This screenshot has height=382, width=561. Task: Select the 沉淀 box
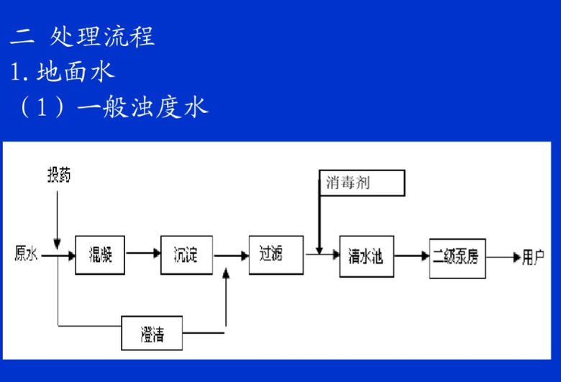click(x=186, y=254)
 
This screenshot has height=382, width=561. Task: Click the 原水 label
click(x=26, y=253)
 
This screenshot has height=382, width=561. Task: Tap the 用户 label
click(x=533, y=256)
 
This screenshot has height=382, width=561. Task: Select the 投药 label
click(x=59, y=175)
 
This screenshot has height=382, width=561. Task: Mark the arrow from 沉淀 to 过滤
click(x=229, y=254)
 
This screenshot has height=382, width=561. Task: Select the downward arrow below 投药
click(x=58, y=216)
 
